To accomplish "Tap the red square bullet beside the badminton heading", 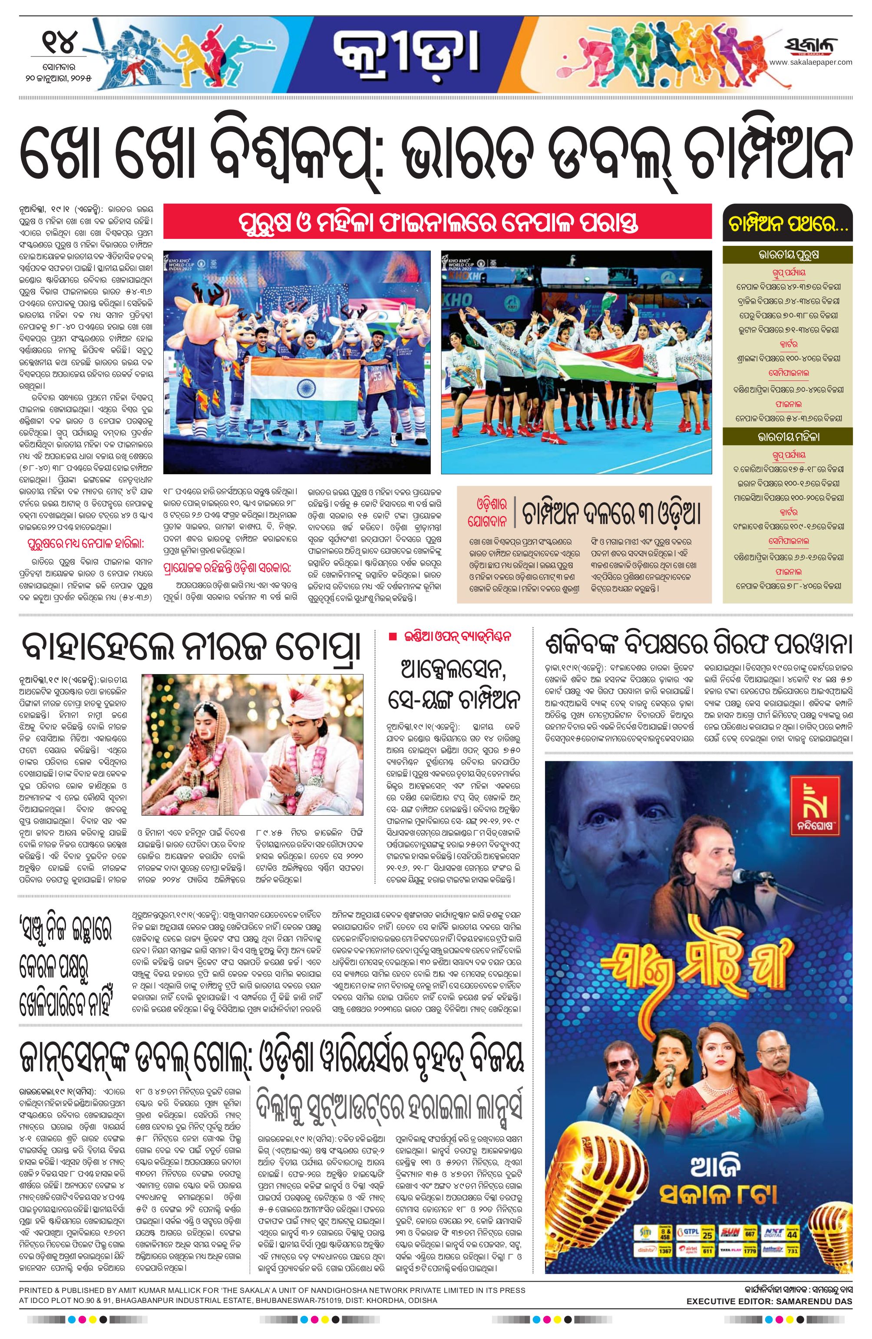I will (x=392, y=636).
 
